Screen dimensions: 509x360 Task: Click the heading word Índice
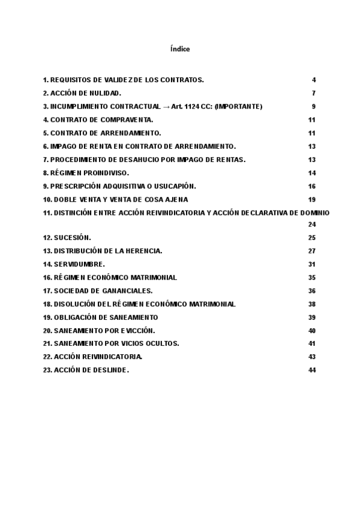180,49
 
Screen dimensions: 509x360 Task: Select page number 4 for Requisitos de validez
313,80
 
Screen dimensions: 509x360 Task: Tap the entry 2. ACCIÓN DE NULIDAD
82,93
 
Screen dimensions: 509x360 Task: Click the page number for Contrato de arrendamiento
311,133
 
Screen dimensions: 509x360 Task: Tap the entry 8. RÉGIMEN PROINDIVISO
86,172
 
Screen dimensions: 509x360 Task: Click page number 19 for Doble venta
311,199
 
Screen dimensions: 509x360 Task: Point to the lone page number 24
311,224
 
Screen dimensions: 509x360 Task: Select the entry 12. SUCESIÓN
67,238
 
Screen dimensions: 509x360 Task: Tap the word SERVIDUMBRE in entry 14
79,264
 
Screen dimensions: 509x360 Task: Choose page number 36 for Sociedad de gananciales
311,291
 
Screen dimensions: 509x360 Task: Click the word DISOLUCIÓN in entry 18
76,304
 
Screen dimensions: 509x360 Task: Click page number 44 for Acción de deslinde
311,370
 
